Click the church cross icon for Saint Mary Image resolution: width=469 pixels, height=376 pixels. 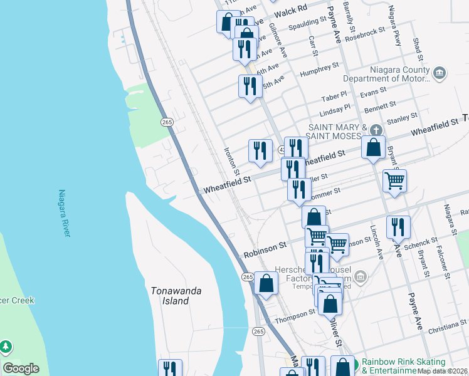click(376, 130)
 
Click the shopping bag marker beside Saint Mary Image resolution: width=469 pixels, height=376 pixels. click(373, 148)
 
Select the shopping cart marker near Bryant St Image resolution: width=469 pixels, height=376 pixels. click(394, 180)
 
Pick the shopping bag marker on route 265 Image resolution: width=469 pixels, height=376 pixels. click(266, 283)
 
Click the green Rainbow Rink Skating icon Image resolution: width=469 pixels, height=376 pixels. click(354, 363)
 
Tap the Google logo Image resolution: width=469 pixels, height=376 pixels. click(21, 368)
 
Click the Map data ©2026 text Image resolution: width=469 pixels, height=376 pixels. click(443, 371)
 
